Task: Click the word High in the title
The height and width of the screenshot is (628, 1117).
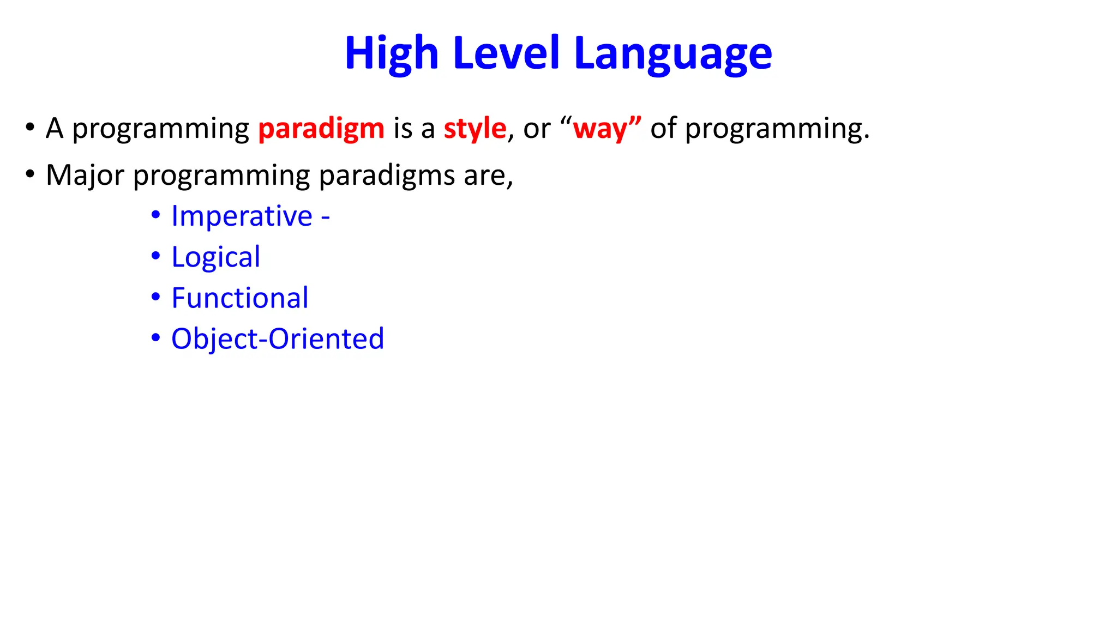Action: pos(391,53)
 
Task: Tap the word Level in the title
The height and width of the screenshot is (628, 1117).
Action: pos(506,53)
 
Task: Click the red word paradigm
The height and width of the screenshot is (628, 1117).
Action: pos(321,129)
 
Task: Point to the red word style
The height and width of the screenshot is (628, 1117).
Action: pos(475,129)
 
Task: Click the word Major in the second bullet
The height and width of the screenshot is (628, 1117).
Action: pos(85,176)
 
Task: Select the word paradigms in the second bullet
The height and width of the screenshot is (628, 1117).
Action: pos(387,176)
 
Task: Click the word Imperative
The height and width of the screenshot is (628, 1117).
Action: pos(242,216)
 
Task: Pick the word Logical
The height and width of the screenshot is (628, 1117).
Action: pos(215,257)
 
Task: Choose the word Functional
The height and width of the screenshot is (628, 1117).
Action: pos(240,298)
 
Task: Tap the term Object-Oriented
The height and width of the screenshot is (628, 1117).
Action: pos(278,339)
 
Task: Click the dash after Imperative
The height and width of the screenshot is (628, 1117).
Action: pos(326,218)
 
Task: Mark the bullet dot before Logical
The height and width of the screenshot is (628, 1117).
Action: pos(156,256)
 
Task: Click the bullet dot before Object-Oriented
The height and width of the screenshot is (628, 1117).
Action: pos(156,338)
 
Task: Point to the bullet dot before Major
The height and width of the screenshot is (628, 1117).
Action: pos(30,174)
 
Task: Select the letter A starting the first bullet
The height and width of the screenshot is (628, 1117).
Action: pos(55,129)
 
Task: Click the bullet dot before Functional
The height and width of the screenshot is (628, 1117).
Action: pos(156,297)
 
